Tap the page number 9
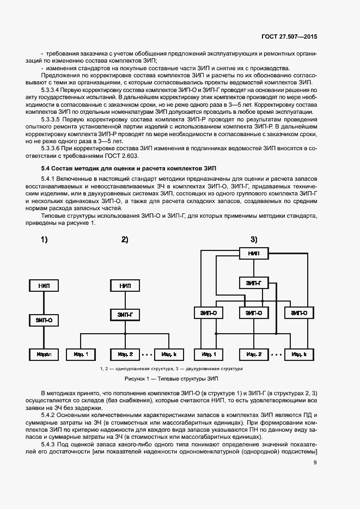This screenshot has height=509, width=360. tap(315, 463)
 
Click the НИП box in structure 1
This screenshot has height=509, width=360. tap(44, 285)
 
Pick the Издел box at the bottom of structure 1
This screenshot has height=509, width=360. tap(44, 354)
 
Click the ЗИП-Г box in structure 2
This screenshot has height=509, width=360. tap(125, 314)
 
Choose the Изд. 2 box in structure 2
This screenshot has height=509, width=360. tap(125, 354)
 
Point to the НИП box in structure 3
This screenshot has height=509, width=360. tap(254, 254)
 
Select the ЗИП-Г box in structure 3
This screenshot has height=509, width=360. tap(254, 283)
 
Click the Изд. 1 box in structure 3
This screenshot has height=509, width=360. tap(209, 354)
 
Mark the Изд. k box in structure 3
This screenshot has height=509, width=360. tap(298, 354)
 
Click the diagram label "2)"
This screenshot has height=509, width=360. tap(125, 239)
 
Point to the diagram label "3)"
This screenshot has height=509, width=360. tap(254, 239)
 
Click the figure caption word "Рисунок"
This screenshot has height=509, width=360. tap(136, 378)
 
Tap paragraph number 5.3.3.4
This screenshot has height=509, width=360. tap(51, 89)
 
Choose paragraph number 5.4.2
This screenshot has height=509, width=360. tap(48, 415)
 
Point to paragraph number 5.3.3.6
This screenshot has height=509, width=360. tap(51, 148)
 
